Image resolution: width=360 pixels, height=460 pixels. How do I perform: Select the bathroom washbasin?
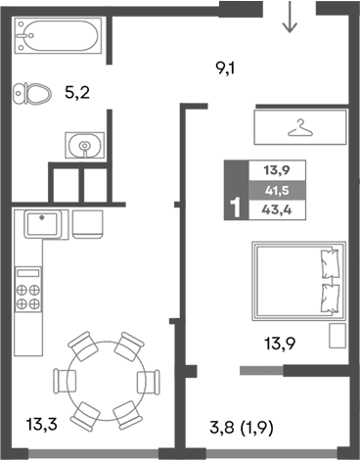[86, 146]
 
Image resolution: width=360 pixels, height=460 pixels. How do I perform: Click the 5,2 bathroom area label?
[76, 95]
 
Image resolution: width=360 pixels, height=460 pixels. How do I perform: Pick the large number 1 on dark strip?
[233, 207]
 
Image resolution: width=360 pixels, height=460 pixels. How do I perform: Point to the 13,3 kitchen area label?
[41, 425]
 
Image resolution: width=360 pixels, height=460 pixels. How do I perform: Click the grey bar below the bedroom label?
[265, 371]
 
